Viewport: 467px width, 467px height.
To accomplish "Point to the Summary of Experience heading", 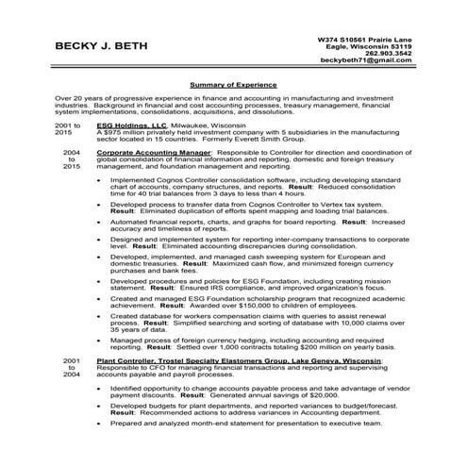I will [232, 84].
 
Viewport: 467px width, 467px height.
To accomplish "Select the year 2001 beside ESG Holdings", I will [68, 124].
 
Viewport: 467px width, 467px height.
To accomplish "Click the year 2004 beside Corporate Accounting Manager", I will [71, 150].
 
